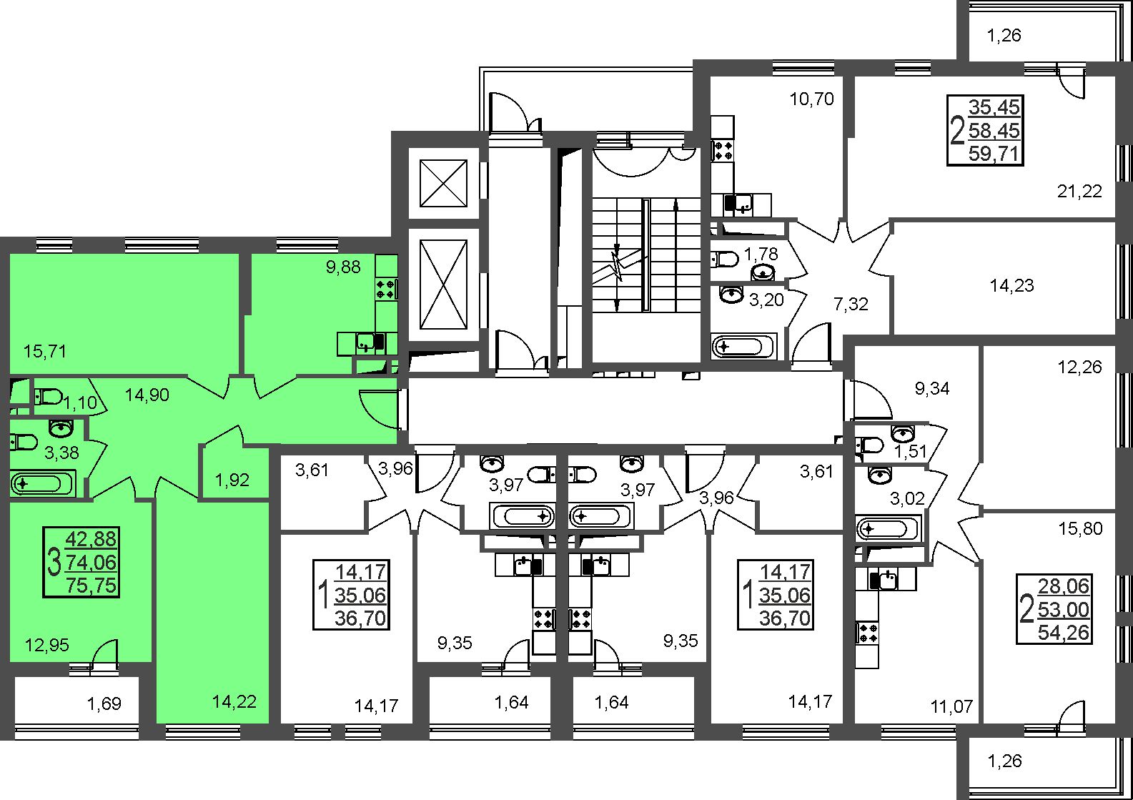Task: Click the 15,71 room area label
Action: [45, 350]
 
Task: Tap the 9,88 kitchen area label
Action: [343, 267]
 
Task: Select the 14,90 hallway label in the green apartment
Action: [147, 395]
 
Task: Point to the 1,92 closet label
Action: [232, 480]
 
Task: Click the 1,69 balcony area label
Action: [104, 703]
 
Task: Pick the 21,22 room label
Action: [1079, 191]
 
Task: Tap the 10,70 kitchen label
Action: [812, 99]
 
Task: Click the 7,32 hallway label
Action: [851, 304]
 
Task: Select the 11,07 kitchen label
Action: [952, 706]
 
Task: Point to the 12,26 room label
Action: [1079, 367]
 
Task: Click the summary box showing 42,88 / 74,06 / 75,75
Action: [81, 562]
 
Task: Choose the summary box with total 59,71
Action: [985, 130]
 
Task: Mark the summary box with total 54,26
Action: [1054, 608]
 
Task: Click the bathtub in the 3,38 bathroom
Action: [43, 483]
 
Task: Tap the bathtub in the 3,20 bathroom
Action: [743, 347]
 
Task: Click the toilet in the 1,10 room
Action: [48, 396]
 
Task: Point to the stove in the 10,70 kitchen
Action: [723, 150]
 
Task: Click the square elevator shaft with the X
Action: [443, 183]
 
